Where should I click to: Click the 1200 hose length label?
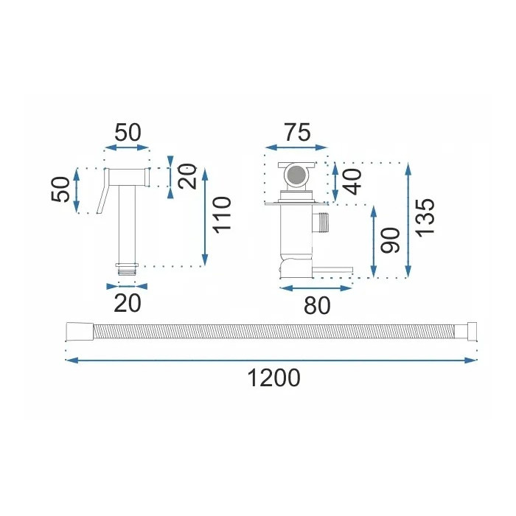[273, 377]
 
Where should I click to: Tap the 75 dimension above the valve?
[298, 132]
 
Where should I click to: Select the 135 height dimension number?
[425, 217]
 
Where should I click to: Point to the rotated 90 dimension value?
[390, 240]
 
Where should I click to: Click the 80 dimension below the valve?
[317, 305]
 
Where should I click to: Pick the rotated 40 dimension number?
[352, 182]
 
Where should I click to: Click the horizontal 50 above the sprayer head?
[128, 132]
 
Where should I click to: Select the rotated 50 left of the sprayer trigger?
[60, 189]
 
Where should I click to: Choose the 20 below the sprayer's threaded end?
[128, 304]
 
